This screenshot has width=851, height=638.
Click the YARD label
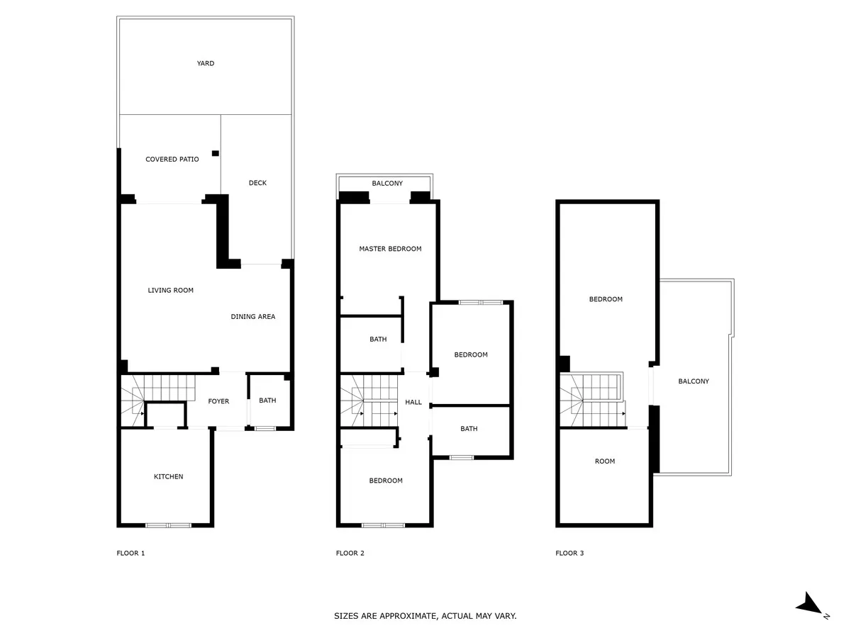point(205,63)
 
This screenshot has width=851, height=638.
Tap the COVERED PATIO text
point(172,159)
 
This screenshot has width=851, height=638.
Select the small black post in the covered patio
point(215,153)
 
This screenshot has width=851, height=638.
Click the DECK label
point(257,183)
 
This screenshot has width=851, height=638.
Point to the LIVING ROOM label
point(170,290)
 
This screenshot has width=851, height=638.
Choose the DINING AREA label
point(252,316)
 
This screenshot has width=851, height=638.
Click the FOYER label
point(218,401)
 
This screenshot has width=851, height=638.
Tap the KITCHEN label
point(168,476)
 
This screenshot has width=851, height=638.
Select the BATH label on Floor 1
point(267,400)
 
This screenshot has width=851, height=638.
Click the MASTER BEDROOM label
point(390,249)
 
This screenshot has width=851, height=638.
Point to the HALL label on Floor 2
point(413,402)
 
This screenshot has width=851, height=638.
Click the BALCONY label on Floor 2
point(387,183)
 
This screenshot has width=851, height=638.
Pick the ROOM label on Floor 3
point(605,461)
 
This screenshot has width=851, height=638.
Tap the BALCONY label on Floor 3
point(693,381)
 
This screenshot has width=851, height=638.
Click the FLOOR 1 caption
point(130,553)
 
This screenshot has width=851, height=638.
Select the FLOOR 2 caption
point(350,553)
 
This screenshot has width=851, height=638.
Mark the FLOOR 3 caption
point(569,553)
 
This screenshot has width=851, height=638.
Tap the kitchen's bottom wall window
point(168,525)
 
